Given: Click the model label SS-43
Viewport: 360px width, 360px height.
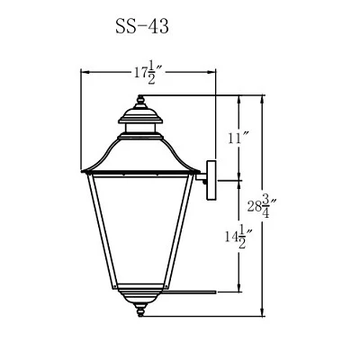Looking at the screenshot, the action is pos(142,27).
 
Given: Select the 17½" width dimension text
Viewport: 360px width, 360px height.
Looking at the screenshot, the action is pos(148,73).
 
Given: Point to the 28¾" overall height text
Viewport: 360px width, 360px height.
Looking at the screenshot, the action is pos(261,206).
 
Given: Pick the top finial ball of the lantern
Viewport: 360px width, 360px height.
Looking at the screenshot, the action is pos(140,98).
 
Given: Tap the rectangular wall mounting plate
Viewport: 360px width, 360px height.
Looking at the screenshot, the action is pos(211,180).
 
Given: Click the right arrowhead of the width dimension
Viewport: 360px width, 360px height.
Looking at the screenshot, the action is pos(211,72).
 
